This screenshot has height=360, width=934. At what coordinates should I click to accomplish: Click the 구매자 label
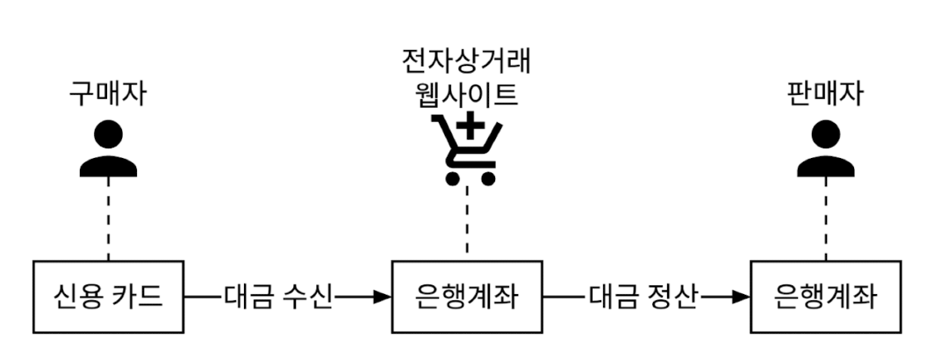click(108, 94)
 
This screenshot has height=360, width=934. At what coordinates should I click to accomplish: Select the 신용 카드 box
click(109, 296)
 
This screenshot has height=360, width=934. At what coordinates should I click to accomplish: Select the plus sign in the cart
click(472, 133)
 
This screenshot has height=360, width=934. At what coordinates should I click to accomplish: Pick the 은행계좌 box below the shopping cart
click(466, 296)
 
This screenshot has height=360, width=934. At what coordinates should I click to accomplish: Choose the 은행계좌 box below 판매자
click(826, 296)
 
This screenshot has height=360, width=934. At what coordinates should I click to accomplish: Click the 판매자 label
click(825, 94)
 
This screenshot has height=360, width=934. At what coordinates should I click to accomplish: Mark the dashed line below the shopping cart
click(466, 224)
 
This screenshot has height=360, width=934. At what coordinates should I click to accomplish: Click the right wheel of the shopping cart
click(486, 179)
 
